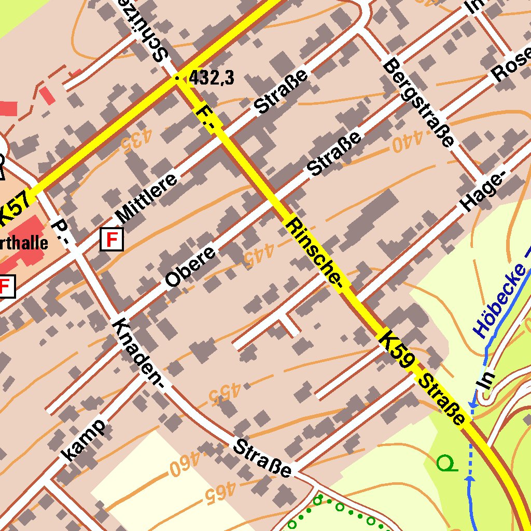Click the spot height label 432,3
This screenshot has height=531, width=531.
[x=211, y=78]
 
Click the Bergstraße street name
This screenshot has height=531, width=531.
[x=419, y=103]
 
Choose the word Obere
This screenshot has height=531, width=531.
[x=190, y=267]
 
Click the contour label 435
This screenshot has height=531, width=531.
[x=136, y=139]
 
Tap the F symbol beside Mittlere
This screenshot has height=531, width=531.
[x=111, y=239]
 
